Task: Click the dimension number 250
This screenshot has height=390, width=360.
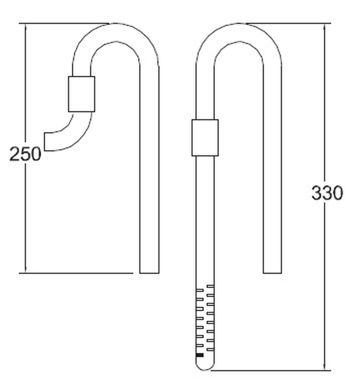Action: click(25, 154)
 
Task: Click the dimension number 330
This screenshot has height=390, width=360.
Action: click(327, 193)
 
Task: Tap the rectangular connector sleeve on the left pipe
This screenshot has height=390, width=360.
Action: click(81, 94)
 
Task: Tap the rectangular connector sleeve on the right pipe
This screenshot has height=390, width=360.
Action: click(205, 137)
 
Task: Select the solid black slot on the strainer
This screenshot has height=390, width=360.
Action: click(200, 355)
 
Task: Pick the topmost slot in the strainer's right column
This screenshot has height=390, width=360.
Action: click(210, 287)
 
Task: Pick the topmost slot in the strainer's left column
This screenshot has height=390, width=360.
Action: click(200, 291)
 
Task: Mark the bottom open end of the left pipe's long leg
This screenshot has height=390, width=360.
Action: click(149, 272)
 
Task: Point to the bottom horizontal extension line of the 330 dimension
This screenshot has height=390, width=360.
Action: click(267, 369)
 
